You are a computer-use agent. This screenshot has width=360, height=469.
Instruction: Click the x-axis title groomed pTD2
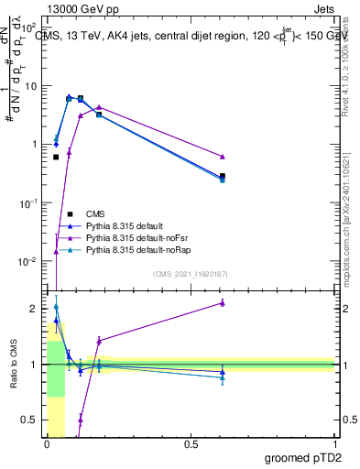coord(303,457)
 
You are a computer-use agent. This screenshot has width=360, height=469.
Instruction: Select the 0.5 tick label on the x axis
coord(191,445)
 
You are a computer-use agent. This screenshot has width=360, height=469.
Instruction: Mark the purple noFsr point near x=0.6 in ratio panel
coord(223,302)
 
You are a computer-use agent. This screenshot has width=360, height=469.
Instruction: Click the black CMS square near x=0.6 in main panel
coord(223,176)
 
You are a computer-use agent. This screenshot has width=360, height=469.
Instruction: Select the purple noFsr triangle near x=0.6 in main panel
coord(223,157)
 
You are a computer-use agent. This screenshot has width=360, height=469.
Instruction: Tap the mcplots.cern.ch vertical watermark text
coord(344,229)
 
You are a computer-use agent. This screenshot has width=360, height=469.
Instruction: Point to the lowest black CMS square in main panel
coord(56,157)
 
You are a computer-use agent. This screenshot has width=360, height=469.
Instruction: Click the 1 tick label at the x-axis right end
coord(334,445)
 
